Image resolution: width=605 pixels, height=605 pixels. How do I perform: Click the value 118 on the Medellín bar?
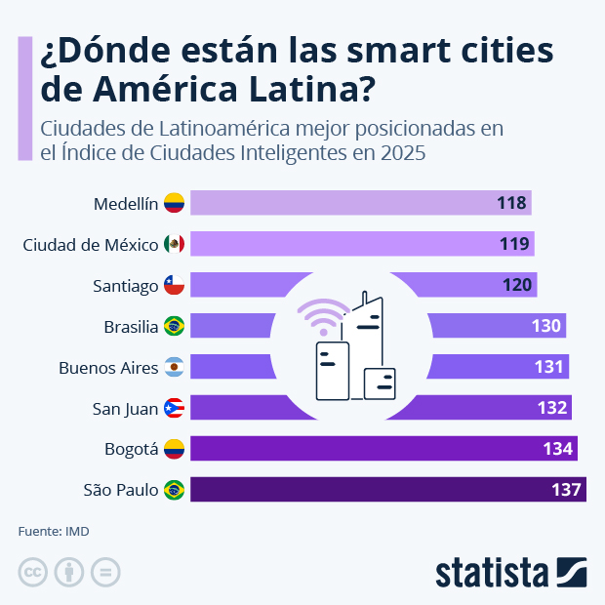511,203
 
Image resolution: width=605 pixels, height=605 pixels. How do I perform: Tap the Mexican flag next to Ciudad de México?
175,244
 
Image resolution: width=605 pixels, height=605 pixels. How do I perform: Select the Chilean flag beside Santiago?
175,285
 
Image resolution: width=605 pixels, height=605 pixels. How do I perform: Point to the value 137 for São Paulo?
566,489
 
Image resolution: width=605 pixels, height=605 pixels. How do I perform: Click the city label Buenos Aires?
107,367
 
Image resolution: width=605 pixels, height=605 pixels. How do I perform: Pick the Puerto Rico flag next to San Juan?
175,408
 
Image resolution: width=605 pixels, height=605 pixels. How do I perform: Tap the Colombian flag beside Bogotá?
175,449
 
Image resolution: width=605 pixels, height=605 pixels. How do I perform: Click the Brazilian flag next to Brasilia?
175,326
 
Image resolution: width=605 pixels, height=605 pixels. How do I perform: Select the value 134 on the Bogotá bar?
557,448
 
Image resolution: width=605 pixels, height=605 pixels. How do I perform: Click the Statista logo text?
492,572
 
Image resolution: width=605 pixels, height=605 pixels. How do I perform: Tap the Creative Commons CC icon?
33,572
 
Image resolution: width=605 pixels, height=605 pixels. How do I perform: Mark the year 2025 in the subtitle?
402,153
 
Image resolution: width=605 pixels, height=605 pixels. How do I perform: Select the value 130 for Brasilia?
546,326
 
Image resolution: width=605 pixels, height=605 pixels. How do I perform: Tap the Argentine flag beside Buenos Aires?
175,367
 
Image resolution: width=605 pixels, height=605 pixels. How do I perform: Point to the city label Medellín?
125,204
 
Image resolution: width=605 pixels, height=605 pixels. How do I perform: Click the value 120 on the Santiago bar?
518,285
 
